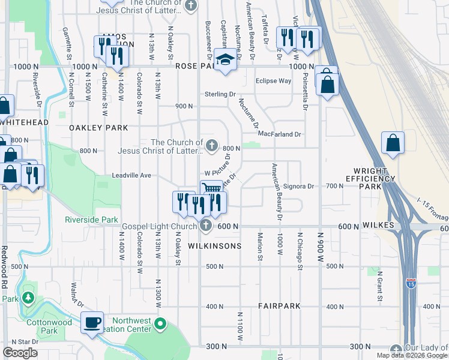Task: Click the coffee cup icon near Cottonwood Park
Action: pos(92,323)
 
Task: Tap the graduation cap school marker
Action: pos(225,61)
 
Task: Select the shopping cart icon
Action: pos(211,188)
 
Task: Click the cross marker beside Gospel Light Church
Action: pos(206,226)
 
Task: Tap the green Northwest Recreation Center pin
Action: pos(160,325)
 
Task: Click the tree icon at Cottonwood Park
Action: pos(28,298)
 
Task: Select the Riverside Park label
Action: pos(92,220)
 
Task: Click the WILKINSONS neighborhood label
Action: pos(214,246)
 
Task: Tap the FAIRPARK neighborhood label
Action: pos(279,306)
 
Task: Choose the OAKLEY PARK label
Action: pos(98,128)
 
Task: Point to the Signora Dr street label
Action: pos(298,187)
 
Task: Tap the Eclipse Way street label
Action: pos(273,80)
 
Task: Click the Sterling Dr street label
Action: pos(220,94)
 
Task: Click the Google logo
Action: pos(20,353)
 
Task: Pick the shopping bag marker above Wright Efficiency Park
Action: pos(393,144)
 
